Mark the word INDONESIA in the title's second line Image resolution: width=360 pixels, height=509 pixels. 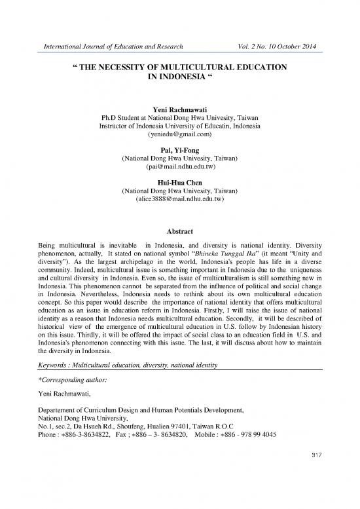coord(177,79)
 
